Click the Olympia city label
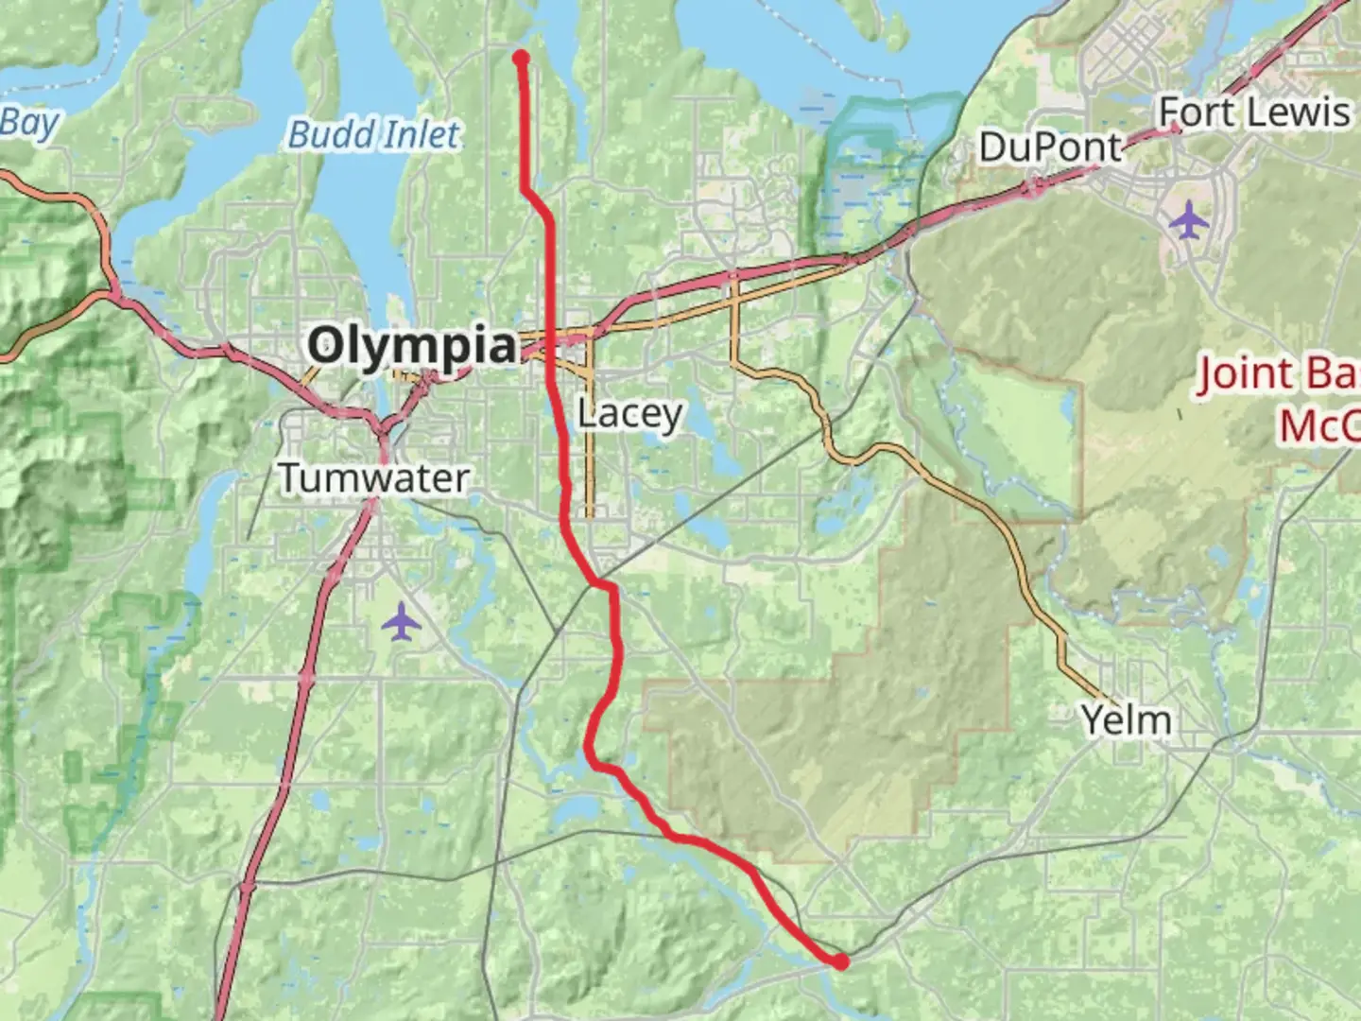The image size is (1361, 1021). click(x=412, y=346)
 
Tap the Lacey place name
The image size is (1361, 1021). click(x=629, y=414)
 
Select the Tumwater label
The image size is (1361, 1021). click(x=374, y=477)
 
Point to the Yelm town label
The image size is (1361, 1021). click(x=1126, y=720)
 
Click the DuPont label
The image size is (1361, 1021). click(x=1049, y=147)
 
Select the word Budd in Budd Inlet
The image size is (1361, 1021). click(x=330, y=134)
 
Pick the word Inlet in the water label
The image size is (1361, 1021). click(x=419, y=134)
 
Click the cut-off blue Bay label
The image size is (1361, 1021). click(x=28, y=123)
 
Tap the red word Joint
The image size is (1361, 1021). click(x=1243, y=374)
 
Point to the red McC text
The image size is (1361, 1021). click(x=1318, y=425)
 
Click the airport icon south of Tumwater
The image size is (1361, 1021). click(x=403, y=622)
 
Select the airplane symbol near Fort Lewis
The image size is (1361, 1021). click(x=1188, y=221)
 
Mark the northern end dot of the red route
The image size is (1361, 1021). click(x=521, y=58)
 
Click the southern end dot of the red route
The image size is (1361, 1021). click(x=840, y=961)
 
